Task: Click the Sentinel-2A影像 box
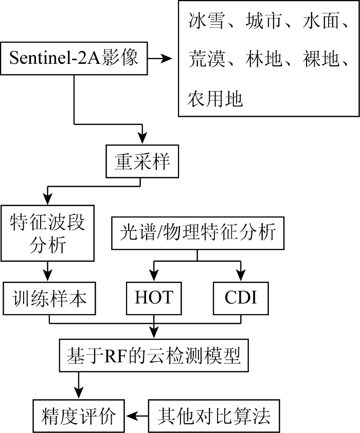coord(74,58)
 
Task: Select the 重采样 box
coord(142,161)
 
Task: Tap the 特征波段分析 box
coord(47,233)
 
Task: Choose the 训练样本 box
coord(49,298)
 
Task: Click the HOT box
coord(154,298)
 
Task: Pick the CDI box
coord(241,298)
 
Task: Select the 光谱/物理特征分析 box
coord(197,233)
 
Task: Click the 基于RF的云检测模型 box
coord(154,355)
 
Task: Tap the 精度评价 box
coord(79,416)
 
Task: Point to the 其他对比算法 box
coord(214,416)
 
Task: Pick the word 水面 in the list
coord(320,21)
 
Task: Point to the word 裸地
coord(320,59)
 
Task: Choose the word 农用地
coord(215,99)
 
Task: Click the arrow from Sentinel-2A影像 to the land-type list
coord(160,58)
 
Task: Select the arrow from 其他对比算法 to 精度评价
coord(137,416)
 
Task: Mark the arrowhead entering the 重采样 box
coord(142,139)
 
